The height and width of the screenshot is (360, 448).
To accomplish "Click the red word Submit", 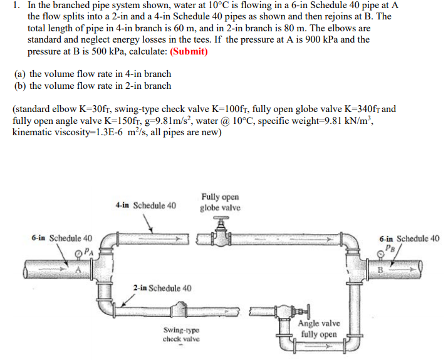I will coord(186,51).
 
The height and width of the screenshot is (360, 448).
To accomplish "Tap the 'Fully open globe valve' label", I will coord(220,202).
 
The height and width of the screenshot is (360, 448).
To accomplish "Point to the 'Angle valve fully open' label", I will coord(320,329).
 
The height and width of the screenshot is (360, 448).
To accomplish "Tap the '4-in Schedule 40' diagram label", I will coord(146,205).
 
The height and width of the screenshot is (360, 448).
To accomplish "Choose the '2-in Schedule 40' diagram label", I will coord(162,288).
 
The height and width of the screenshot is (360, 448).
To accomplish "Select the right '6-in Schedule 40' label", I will coord(410,238).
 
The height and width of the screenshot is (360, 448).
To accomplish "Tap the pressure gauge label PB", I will coord(392,249).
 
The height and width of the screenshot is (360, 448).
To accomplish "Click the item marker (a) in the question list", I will coord(20,74).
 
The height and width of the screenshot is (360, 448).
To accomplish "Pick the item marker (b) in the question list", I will coord(20,86).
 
